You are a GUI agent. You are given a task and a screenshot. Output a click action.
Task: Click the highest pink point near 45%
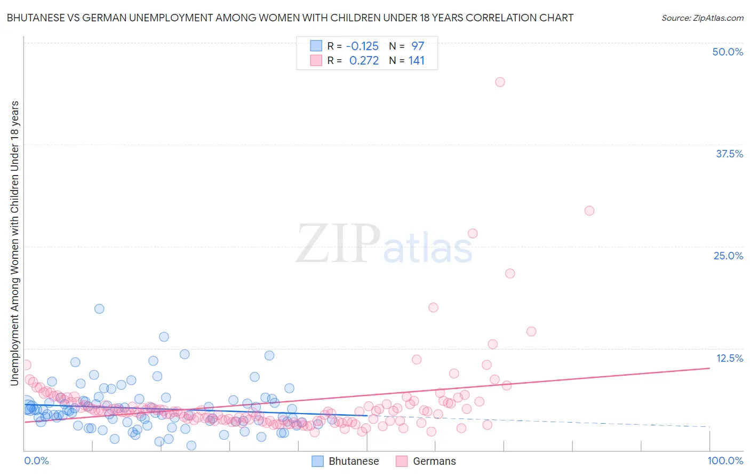coord(500,82)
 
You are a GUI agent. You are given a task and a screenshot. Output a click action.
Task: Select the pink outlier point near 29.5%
coord(589,211)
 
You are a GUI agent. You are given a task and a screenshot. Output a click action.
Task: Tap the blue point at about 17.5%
coord(99,309)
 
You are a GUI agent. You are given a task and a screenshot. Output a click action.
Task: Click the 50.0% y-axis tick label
coord(728,52)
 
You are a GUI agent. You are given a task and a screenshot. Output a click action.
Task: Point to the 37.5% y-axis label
coord(729,154)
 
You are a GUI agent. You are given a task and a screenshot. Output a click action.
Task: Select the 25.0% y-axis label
coord(728,256)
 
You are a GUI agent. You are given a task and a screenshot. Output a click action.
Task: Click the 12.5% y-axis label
coord(729,358)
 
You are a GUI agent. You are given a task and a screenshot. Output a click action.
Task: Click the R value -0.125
coord(362,46)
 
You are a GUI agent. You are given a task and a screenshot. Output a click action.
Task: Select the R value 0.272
coord(364,61)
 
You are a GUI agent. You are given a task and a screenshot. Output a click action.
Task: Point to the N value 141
coord(417,61)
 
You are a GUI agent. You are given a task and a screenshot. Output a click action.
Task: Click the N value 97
coord(417,46)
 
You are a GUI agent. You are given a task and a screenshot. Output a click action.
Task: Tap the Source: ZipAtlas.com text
coord(702,18)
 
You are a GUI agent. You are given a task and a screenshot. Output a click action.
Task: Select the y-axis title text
coord(14,243)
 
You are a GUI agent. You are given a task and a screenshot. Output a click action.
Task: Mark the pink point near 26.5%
coord(472,233)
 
